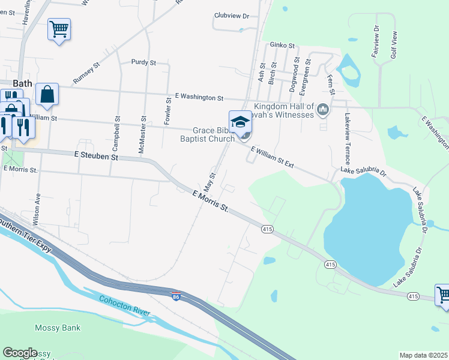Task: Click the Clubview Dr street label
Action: pyautogui.click(x=231, y=16)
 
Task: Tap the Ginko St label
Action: pyautogui.click(x=282, y=46)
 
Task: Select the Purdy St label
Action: pyautogui.click(x=143, y=62)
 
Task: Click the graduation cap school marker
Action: pyautogui.click(x=240, y=122)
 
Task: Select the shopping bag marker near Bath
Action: pyautogui.click(x=47, y=95)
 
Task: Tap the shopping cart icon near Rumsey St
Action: pyautogui.click(x=59, y=29)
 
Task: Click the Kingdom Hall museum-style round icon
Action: pyautogui.click(x=323, y=109)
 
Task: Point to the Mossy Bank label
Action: pyautogui.click(x=58, y=328)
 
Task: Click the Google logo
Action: pyautogui.click(x=20, y=353)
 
